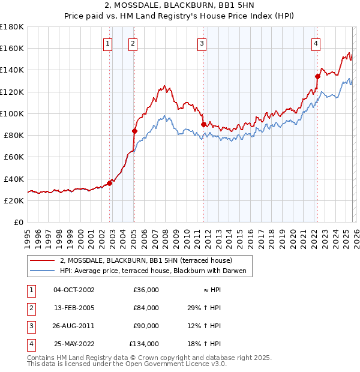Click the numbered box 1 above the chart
(x=107, y=43)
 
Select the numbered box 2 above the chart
(x=132, y=43)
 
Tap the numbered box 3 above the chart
(x=202, y=43)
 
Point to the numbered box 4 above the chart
(x=316, y=43)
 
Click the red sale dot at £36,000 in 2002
(x=110, y=183)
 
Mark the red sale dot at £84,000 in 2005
(x=134, y=131)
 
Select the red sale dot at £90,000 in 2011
(x=204, y=124)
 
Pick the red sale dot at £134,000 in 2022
(x=318, y=76)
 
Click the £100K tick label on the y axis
(x=11, y=113)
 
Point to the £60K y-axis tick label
(x=13, y=157)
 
